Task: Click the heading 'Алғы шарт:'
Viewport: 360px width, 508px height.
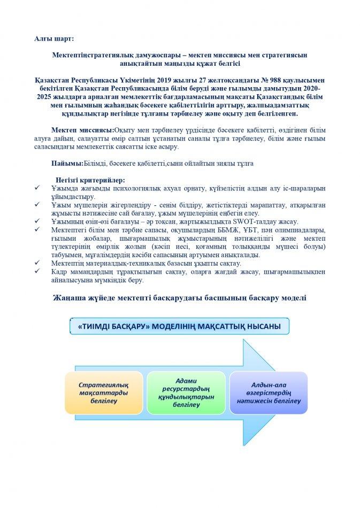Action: click(x=56, y=39)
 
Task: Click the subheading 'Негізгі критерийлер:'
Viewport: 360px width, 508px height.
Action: click(x=90, y=180)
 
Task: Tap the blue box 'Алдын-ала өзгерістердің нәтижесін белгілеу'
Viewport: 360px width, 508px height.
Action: click(x=269, y=392)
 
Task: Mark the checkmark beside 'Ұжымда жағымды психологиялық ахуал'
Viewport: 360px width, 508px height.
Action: click(x=36, y=188)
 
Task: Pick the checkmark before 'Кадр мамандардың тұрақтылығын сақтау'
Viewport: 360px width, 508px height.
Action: click(x=36, y=271)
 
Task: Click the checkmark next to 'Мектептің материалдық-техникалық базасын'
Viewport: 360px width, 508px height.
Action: click(x=36, y=263)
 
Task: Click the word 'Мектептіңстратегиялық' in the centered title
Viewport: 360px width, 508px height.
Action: click(x=94, y=55)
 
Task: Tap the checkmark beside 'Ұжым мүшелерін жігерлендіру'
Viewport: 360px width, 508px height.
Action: click(x=36, y=204)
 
